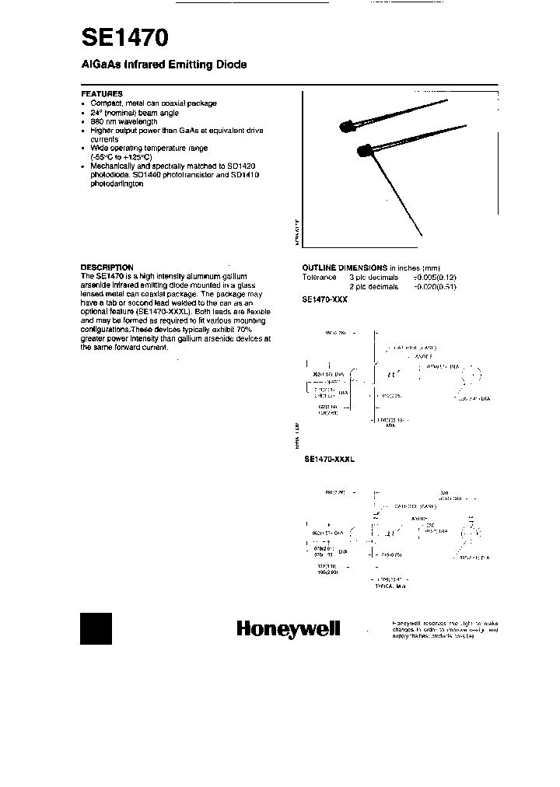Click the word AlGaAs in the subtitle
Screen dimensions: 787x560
coord(100,65)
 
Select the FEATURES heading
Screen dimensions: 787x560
coord(102,93)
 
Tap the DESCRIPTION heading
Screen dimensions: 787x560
coord(107,267)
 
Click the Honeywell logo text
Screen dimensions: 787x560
coord(289,630)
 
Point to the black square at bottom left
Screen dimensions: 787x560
coord(96,628)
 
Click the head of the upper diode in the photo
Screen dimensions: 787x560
coord(348,126)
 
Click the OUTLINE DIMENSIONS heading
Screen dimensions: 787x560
coord(345,268)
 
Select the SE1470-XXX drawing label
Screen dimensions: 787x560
coord(326,299)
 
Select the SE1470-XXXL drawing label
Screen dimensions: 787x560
coord(329,460)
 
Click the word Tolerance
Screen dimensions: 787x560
coord(319,278)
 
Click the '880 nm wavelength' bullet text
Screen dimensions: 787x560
coord(124,122)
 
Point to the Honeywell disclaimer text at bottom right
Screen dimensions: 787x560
coord(445,629)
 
